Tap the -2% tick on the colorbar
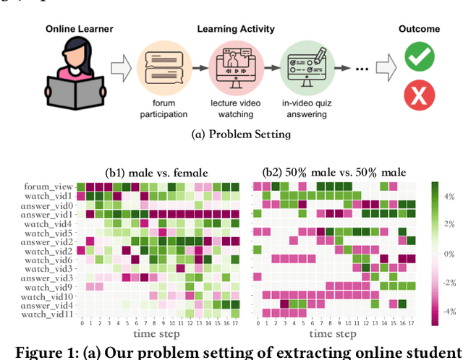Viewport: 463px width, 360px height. coord(449,283)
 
